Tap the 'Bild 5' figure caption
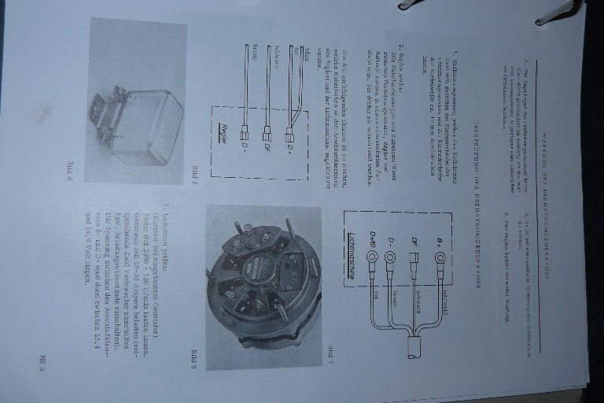(x=197, y=172)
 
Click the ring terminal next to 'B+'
(x=440, y=257)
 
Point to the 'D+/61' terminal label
(x=372, y=239)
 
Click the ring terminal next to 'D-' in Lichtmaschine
(x=390, y=257)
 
